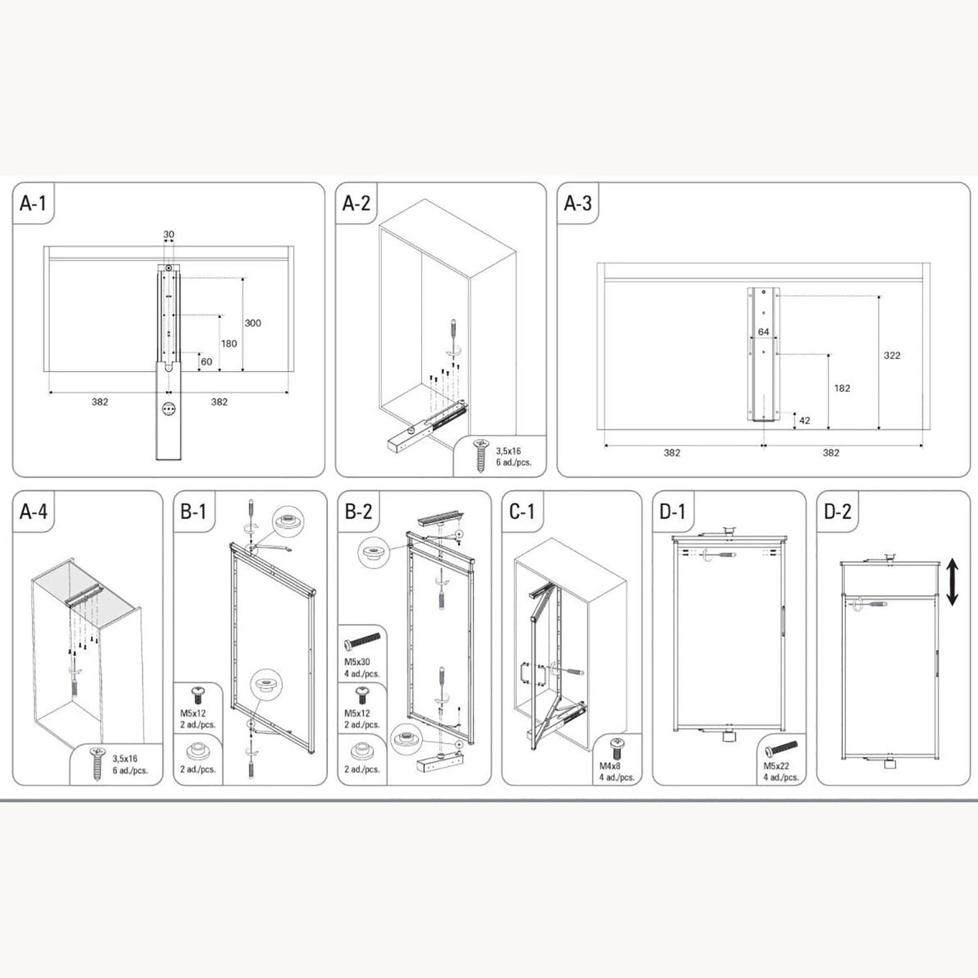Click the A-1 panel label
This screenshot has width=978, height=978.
coord(33,203)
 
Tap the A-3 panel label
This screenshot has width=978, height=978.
coord(578,203)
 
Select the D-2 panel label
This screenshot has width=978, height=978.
coord(838,512)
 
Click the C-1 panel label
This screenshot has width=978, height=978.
coord(522,512)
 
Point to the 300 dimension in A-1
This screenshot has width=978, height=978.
coord(252,323)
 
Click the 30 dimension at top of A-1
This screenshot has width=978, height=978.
coord(168,234)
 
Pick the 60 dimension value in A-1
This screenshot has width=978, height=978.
coord(206,362)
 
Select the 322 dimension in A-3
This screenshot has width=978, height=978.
coord(892,355)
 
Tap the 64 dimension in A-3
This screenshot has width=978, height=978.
coord(763,332)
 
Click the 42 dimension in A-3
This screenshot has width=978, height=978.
coord(805,421)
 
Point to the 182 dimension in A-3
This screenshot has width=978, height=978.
coord(842,388)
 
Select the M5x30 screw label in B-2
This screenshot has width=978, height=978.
coord(357,662)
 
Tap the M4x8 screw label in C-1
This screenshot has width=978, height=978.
coord(610,766)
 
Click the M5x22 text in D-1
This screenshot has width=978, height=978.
coord(777,766)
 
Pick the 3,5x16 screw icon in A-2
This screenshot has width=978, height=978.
coord(481,455)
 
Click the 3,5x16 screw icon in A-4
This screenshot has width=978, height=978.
coord(97,763)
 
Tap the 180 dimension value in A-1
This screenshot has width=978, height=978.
coord(229,344)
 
